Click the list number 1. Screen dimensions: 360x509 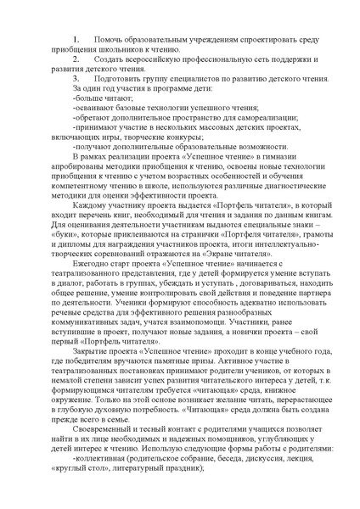(76, 39)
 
